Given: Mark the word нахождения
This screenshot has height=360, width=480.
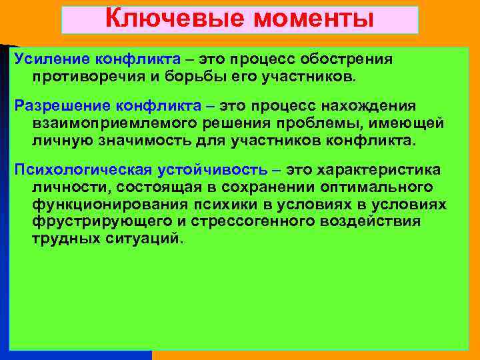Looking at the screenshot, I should click(377, 106).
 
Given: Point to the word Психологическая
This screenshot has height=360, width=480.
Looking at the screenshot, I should click(75, 171).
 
